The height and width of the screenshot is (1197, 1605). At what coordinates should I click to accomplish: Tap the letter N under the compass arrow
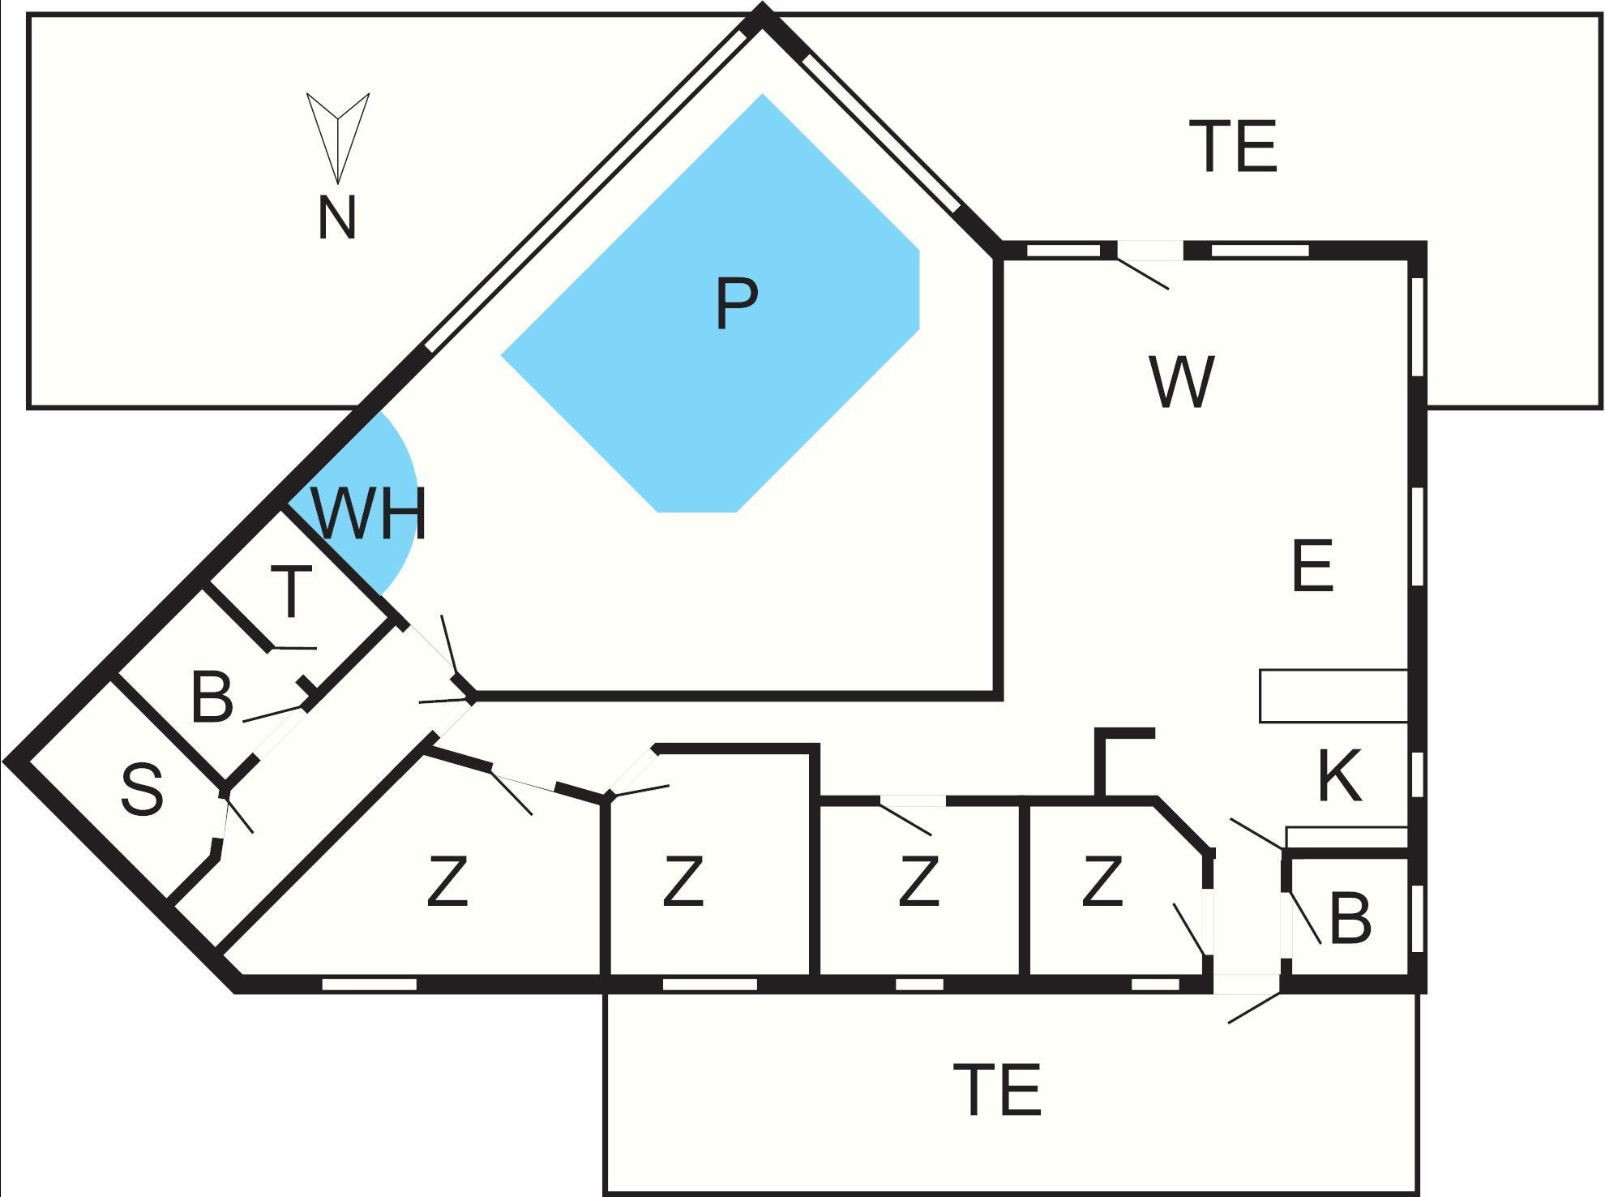tap(336, 219)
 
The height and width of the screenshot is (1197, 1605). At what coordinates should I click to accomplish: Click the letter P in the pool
tap(736, 303)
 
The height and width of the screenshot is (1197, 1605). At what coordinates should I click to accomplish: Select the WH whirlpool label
tap(369, 513)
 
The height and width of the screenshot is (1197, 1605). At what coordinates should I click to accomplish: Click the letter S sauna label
tap(143, 791)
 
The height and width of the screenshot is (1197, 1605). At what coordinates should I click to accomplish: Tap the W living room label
tap(1181, 383)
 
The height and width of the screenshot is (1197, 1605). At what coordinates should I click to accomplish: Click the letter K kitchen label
tap(1339, 776)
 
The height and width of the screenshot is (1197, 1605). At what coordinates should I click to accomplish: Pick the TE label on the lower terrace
tap(996, 1090)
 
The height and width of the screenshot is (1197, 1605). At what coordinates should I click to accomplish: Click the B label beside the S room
tap(212, 697)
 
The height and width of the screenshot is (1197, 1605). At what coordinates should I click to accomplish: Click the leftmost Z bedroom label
tap(447, 882)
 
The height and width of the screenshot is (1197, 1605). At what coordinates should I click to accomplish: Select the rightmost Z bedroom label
tap(1102, 881)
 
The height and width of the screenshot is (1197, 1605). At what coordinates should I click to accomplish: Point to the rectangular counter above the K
tap(1333, 696)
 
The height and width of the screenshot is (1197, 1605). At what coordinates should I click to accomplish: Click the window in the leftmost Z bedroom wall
tap(369, 985)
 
